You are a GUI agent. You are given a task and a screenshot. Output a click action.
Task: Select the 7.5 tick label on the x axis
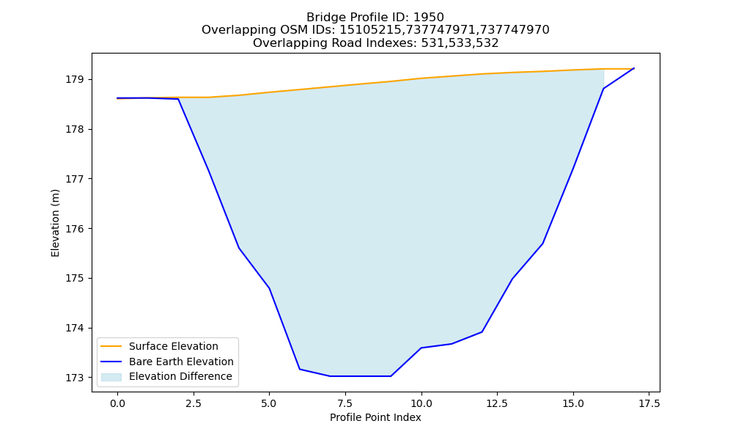click(345, 403)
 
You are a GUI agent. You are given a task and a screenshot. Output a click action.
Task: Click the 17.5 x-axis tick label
click(649, 403)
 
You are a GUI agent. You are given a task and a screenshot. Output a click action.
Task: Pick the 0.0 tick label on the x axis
click(117, 403)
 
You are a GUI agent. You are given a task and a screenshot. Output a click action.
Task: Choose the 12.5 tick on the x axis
click(497, 403)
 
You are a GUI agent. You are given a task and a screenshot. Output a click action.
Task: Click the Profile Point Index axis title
click(375, 417)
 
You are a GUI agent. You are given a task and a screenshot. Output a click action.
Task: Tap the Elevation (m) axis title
click(56, 223)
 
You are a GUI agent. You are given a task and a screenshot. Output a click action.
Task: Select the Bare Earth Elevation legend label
click(181, 362)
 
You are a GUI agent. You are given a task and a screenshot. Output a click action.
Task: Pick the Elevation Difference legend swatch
click(111, 377)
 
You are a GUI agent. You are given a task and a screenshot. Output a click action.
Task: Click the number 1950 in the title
click(429, 18)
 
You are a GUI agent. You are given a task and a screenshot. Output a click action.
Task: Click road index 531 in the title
click(432, 43)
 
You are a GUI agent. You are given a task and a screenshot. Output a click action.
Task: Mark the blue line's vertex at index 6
click(300, 370)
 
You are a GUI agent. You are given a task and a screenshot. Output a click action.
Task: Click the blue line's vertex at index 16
click(603, 89)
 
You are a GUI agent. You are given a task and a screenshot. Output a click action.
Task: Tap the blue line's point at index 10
click(421, 348)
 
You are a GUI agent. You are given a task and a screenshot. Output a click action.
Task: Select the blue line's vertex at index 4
click(239, 248)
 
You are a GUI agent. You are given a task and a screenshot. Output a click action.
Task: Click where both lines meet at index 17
click(634, 68)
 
